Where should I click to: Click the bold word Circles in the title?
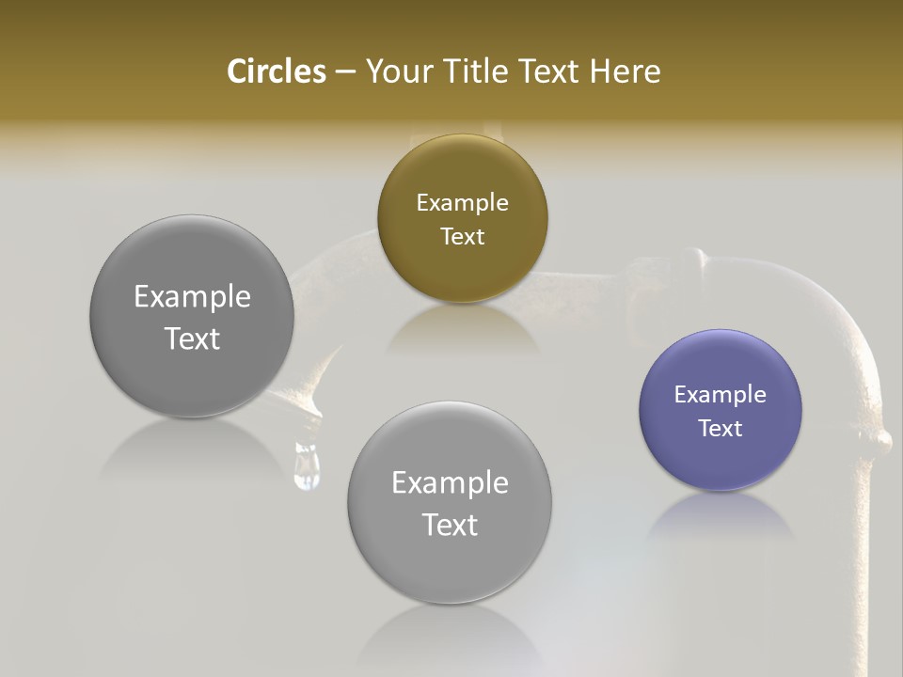[277, 71]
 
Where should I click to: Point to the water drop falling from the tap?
[308, 467]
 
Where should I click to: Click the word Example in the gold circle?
[462, 203]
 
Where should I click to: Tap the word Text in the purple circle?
[721, 429]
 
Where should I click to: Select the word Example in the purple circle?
[721, 395]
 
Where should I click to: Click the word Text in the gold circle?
[462, 237]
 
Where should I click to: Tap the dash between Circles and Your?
[344, 71]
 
